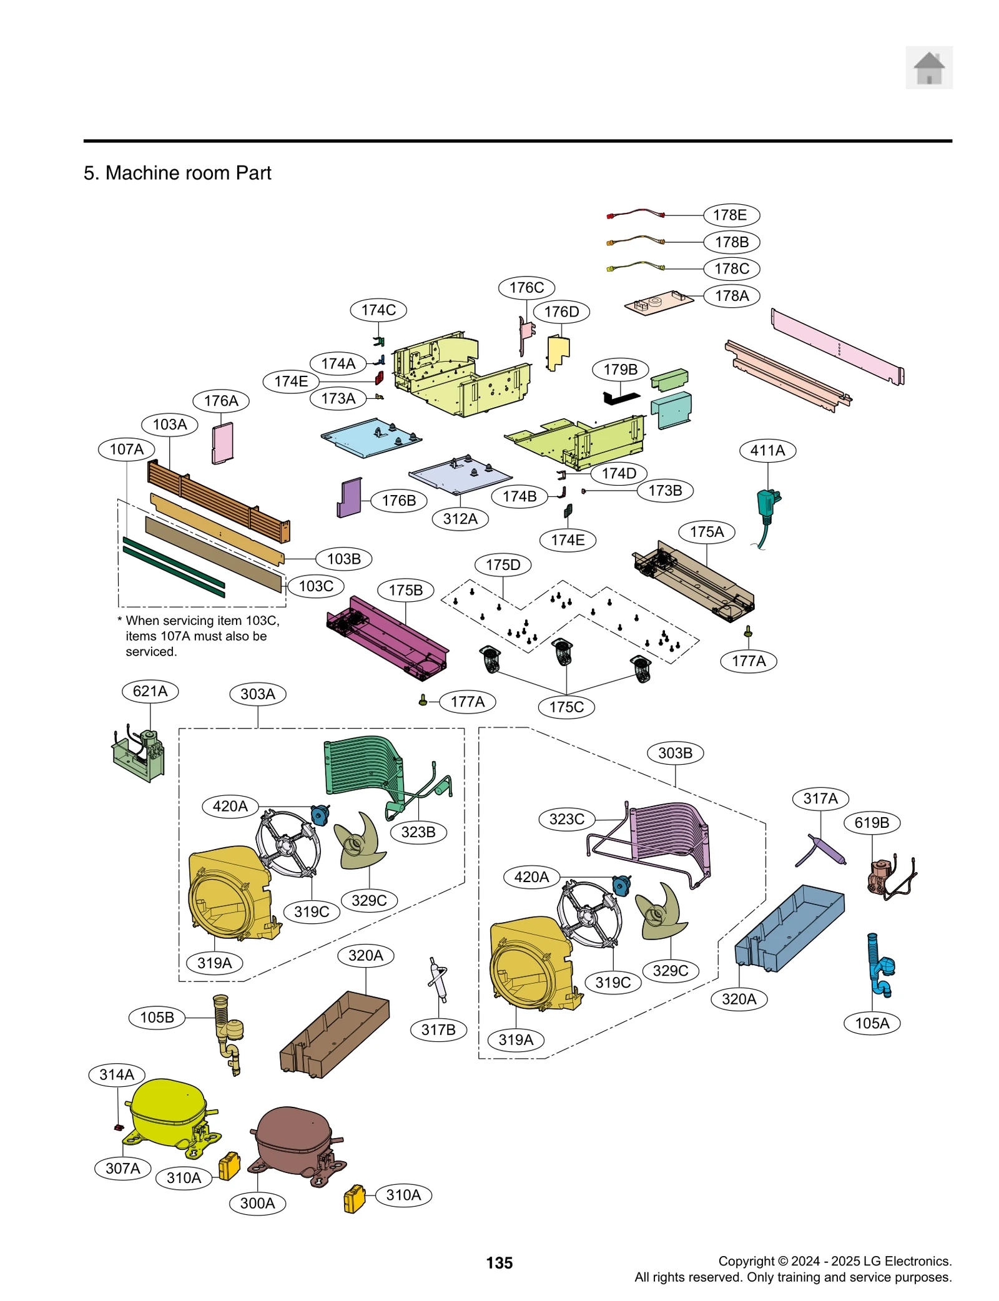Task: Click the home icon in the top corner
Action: (x=928, y=67)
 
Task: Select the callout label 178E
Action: (x=730, y=215)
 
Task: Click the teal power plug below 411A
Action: (x=767, y=503)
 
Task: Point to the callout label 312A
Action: (x=460, y=519)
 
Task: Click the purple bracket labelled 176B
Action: (x=350, y=498)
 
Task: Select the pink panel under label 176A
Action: (x=222, y=443)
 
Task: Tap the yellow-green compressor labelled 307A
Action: (x=167, y=1112)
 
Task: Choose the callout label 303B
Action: (x=675, y=753)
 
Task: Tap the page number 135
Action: (x=499, y=1263)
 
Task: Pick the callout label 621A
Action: (x=150, y=691)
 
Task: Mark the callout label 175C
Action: (x=566, y=707)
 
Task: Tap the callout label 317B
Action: (x=438, y=1029)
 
